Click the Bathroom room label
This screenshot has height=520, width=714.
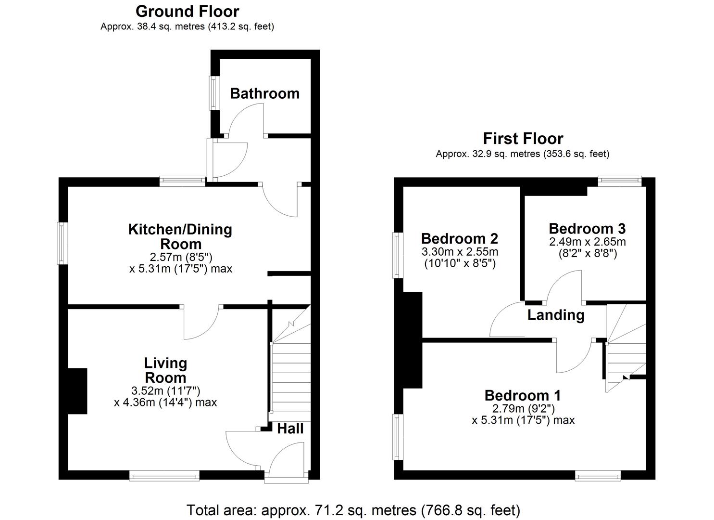(264, 93)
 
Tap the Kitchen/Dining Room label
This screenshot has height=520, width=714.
(180, 236)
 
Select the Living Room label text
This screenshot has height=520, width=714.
(165, 370)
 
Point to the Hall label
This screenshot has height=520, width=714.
(290, 429)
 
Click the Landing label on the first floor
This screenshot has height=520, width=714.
(556, 315)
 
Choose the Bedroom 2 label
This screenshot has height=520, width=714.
(459, 238)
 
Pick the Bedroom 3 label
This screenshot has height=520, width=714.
(587, 228)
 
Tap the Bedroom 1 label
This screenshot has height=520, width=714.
(523, 395)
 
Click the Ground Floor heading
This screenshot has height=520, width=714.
(187, 11)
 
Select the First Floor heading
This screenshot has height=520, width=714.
(523, 139)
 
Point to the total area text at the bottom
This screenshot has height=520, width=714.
(353, 509)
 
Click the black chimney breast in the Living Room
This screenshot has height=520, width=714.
(77, 391)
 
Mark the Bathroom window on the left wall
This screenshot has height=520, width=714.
(212, 92)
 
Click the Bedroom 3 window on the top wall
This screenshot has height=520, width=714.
(619, 181)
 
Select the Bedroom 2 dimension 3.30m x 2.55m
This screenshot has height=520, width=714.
(459, 252)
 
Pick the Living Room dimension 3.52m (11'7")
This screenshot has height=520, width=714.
(165, 390)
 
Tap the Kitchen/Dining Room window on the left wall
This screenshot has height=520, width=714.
(62, 243)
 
